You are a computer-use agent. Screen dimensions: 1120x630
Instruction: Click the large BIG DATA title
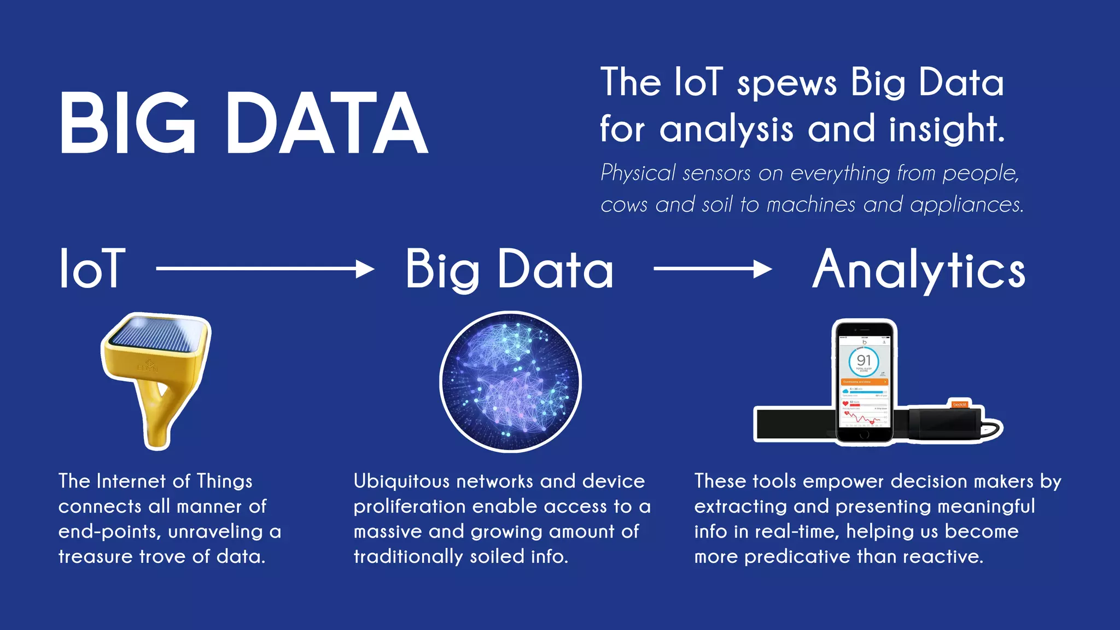tap(243, 123)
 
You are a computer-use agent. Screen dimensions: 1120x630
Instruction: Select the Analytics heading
tap(918, 270)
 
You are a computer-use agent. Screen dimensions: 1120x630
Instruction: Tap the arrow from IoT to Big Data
tap(265, 269)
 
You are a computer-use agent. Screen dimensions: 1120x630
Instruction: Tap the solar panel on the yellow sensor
tap(156, 334)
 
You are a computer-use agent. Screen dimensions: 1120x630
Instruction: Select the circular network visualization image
tap(510, 382)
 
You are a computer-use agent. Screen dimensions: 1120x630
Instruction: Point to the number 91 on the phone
tap(864, 360)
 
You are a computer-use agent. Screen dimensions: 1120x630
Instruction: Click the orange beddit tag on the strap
tap(959, 405)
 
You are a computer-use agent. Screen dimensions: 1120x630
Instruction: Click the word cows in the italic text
tap(623, 205)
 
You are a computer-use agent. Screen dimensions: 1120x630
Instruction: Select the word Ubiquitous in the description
tap(401, 481)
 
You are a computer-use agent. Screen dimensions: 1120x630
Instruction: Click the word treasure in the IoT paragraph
tap(96, 557)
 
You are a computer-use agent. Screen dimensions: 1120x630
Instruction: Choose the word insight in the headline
tap(946, 130)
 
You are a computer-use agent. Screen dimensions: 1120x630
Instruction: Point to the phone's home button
tap(864, 435)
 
